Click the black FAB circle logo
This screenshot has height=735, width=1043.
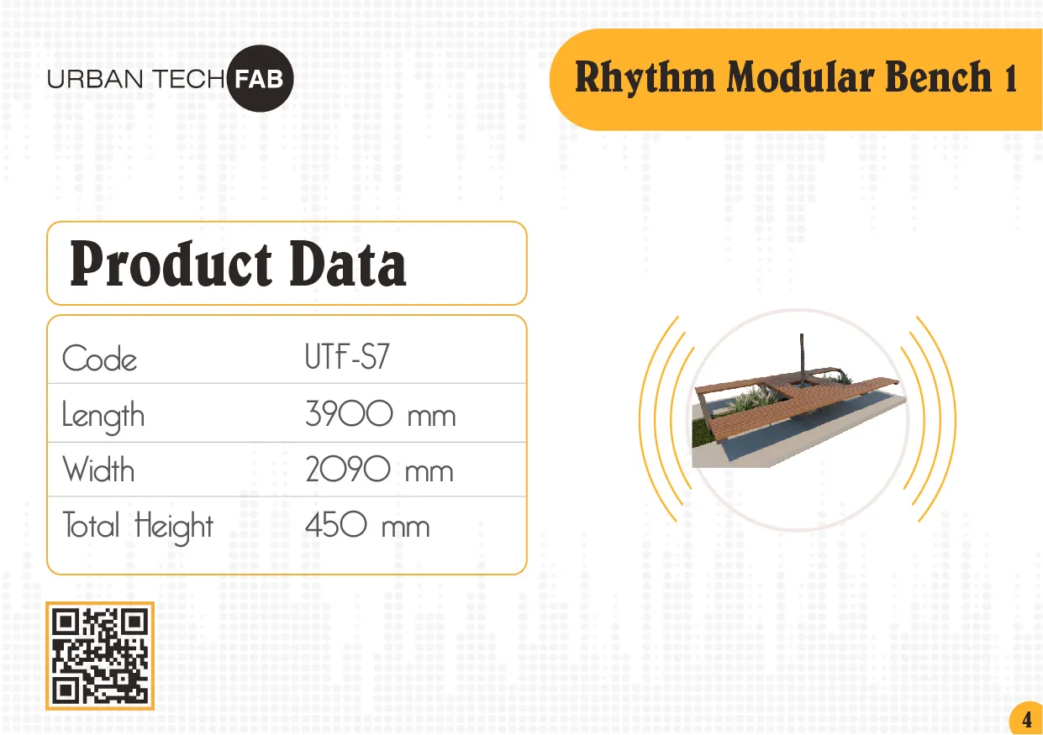pyautogui.click(x=261, y=79)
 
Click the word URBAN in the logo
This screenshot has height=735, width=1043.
pyautogui.click(x=95, y=80)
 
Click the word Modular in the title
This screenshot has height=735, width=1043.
pyautogui.click(x=800, y=76)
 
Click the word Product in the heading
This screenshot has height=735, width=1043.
pyautogui.click(x=171, y=264)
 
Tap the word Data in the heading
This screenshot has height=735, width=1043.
pyautogui.click(x=348, y=265)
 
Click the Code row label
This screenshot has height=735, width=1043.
pyautogui.click(x=100, y=359)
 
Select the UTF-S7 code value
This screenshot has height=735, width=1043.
pyautogui.click(x=347, y=356)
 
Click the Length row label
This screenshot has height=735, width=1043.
pyautogui.click(x=103, y=416)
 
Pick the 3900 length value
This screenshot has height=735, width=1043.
pyautogui.click(x=349, y=413)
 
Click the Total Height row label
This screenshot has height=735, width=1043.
pyautogui.click(x=138, y=527)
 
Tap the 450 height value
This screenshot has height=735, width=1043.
pyautogui.click(x=336, y=524)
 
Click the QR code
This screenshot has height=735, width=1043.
pyautogui.click(x=100, y=656)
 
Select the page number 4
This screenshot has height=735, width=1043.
pyautogui.click(x=1027, y=720)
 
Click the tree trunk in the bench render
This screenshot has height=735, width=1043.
pyautogui.click(x=802, y=359)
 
